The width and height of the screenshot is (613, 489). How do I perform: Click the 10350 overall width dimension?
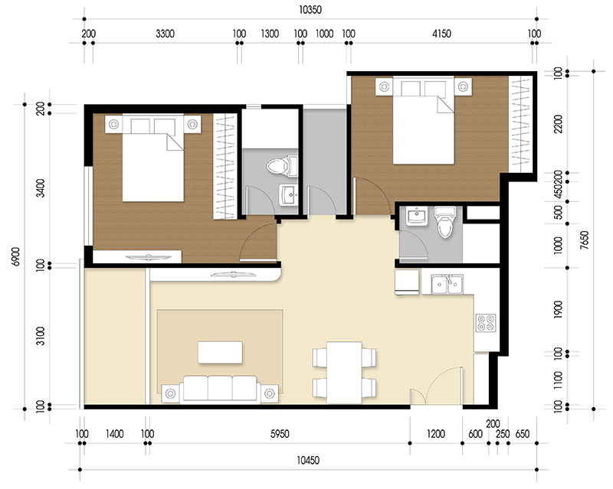[x=310, y=10]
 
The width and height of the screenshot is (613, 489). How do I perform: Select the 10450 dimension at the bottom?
[x=310, y=459]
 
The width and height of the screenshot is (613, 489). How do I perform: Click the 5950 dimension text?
[x=279, y=434]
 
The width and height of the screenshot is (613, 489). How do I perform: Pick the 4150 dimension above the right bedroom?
[x=441, y=34]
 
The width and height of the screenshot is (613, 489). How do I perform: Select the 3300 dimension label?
[x=166, y=34]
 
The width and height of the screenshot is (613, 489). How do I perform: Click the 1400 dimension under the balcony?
[x=115, y=434]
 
